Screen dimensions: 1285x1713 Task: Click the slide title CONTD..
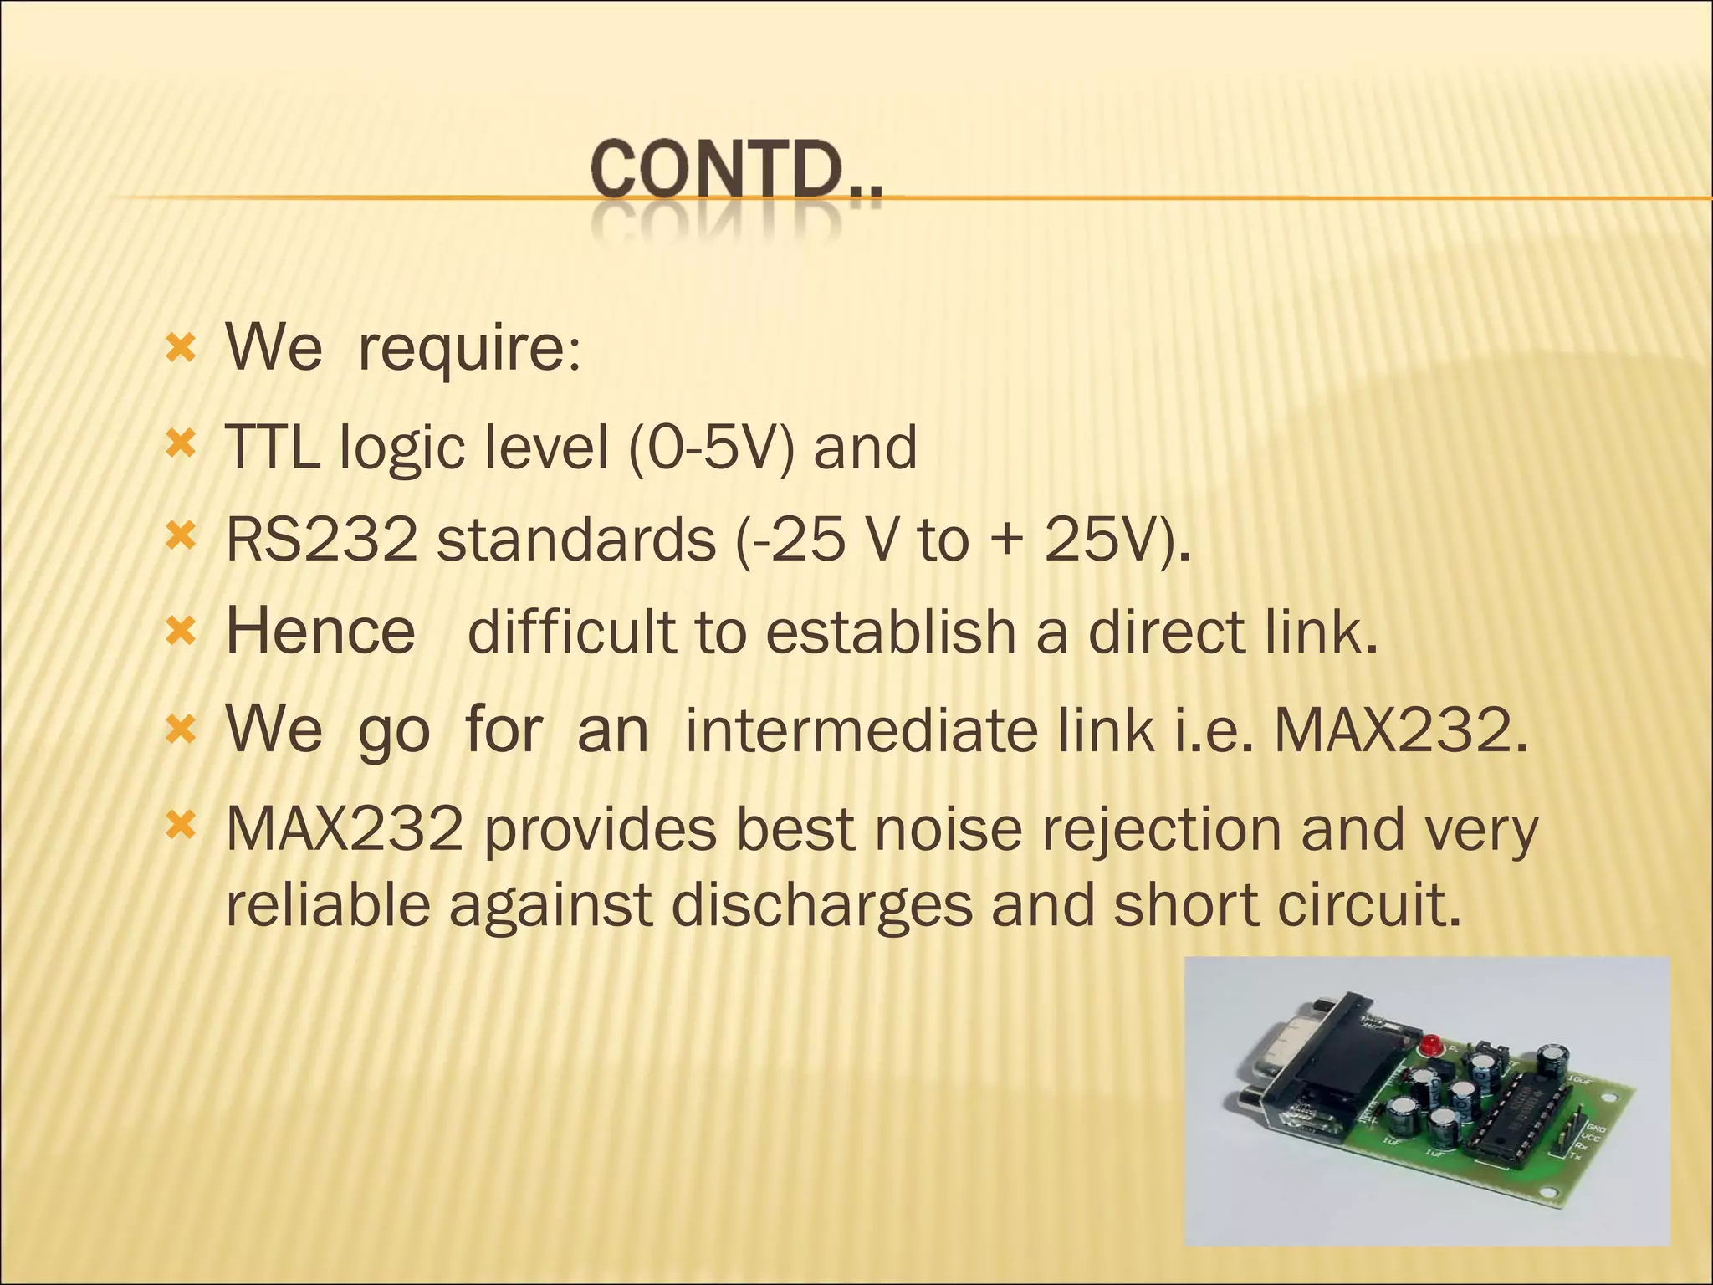pos(736,172)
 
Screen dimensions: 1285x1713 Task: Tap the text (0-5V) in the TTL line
pos(711,448)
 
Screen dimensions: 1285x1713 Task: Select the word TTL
pos(273,448)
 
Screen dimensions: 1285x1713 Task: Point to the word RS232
pos(322,540)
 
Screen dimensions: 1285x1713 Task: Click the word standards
pos(576,540)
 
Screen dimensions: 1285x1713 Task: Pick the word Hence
pos(321,631)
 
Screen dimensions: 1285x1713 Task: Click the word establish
pos(891,631)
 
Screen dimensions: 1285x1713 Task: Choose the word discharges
pos(821,906)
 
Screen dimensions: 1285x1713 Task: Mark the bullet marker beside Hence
pos(181,631)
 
